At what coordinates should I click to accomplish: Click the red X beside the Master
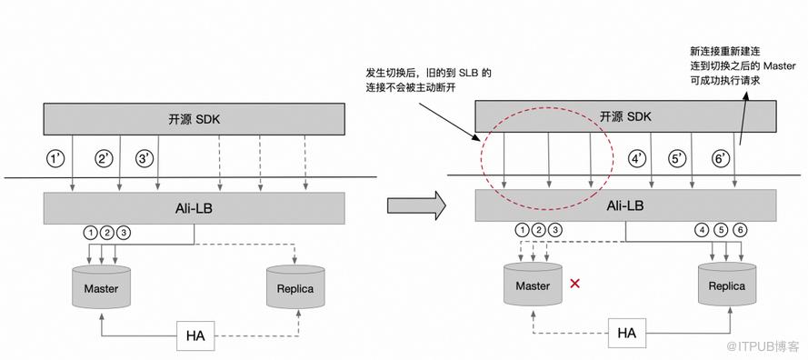click(574, 283)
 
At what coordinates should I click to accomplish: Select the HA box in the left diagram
click(195, 335)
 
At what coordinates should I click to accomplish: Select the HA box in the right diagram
click(626, 333)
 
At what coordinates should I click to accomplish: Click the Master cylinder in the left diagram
click(102, 286)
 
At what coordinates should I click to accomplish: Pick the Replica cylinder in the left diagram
click(295, 286)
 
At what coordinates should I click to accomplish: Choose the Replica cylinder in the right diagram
click(727, 285)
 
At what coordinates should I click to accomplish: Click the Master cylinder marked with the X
click(533, 285)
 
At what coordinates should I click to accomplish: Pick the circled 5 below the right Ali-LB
click(722, 230)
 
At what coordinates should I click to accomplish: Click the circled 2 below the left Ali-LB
click(107, 233)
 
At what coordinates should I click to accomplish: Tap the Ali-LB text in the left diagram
click(194, 208)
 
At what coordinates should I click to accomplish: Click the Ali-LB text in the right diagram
click(625, 205)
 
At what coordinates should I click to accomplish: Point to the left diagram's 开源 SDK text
click(195, 120)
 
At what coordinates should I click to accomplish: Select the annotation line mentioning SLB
click(428, 73)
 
